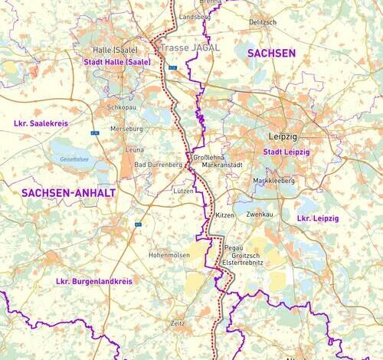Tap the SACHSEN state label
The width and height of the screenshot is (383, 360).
[x=270, y=53]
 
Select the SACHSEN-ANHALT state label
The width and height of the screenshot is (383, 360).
[x=68, y=193]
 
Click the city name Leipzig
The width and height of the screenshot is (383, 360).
[x=282, y=136]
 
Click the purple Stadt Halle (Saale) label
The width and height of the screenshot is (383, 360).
[x=117, y=61]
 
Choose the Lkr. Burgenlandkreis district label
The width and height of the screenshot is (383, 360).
[x=94, y=282]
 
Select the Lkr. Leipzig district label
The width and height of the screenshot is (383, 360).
[x=317, y=218]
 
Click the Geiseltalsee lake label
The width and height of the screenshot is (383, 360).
[x=74, y=160]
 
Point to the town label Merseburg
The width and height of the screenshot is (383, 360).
[x=126, y=129]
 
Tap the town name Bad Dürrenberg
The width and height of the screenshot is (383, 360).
[x=158, y=165]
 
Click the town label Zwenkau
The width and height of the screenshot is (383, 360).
[x=260, y=215]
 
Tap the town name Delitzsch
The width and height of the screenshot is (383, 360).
[x=262, y=22]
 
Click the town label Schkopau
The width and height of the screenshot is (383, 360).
[x=122, y=108]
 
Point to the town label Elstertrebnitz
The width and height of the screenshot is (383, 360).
[x=242, y=262]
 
